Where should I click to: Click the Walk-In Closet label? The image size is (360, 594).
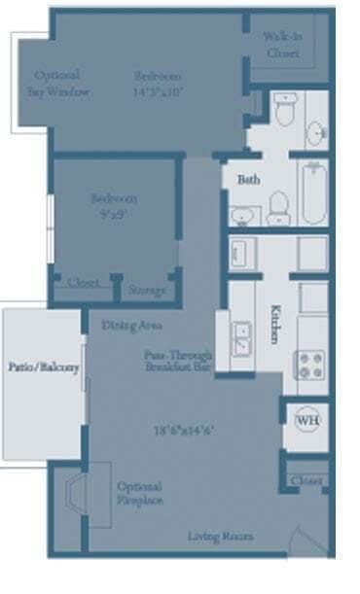282,45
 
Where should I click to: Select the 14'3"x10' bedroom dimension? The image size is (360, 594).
158,92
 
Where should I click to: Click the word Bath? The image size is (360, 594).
248,180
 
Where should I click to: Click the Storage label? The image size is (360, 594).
147,290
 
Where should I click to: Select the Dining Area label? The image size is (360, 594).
131,325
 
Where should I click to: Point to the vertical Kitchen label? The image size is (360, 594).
275,319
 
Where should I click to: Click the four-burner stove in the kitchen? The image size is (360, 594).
310,365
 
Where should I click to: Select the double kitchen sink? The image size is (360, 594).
241,340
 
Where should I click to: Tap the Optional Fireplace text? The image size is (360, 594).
139,493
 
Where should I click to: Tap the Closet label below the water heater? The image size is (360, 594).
307,481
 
